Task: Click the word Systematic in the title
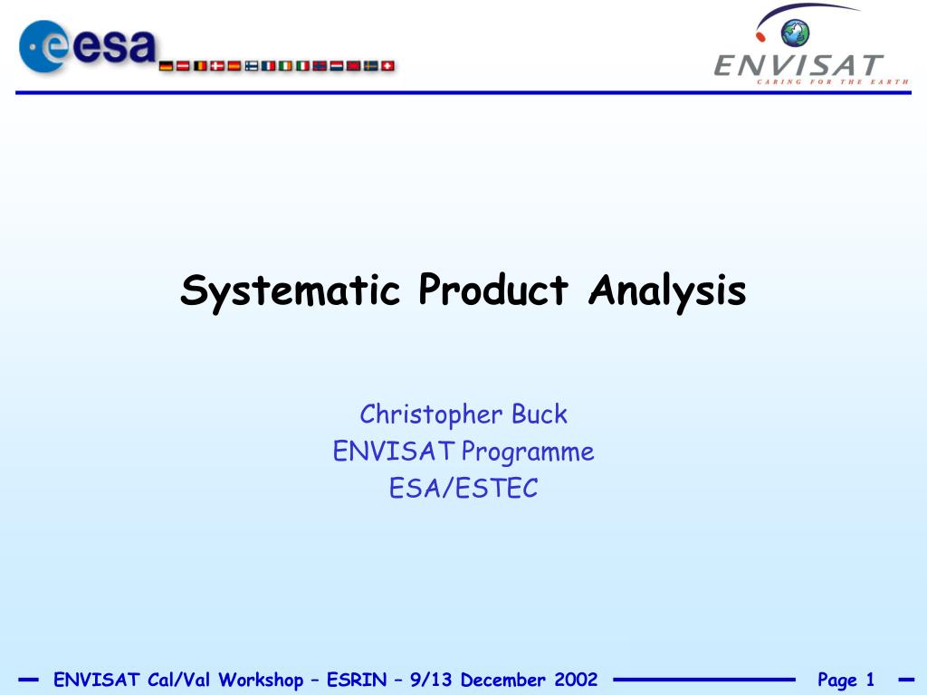pyautogui.click(x=291, y=290)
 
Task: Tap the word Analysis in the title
pyautogui.click(x=667, y=290)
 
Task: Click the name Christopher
pyautogui.click(x=431, y=414)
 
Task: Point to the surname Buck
pyautogui.click(x=540, y=414)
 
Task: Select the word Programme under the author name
pyautogui.click(x=528, y=452)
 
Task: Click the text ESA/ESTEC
pyautogui.click(x=463, y=488)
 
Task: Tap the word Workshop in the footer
pyautogui.click(x=261, y=681)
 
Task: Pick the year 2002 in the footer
pyautogui.click(x=576, y=680)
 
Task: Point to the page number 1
pyautogui.click(x=870, y=680)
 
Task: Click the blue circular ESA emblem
pyautogui.click(x=43, y=47)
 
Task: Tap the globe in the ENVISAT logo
pyautogui.click(x=795, y=33)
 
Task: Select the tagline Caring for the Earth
pyautogui.click(x=833, y=81)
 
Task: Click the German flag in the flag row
pyautogui.click(x=167, y=65)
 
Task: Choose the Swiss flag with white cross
pyautogui.click(x=387, y=65)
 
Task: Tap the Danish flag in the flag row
pyautogui.click(x=217, y=65)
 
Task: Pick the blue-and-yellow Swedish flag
pyautogui.click(x=370, y=65)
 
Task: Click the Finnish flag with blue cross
pyautogui.click(x=252, y=65)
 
